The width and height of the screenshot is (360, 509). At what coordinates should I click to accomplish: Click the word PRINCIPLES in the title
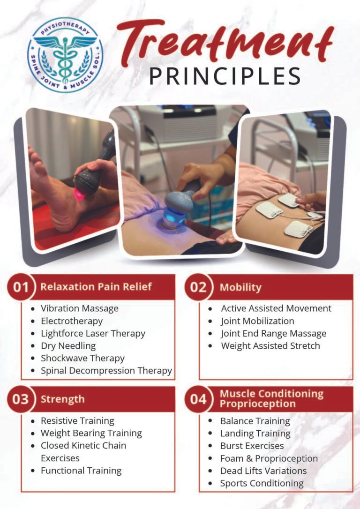pos(225,76)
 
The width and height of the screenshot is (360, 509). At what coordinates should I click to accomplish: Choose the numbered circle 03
pos(21,399)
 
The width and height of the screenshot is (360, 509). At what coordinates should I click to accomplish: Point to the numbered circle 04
pos(198,399)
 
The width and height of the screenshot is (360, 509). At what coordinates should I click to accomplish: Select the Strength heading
pos(62,399)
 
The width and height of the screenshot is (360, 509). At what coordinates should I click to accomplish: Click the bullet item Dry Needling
pos(68,346)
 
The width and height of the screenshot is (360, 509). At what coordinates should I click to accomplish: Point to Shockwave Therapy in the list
pos(82,358)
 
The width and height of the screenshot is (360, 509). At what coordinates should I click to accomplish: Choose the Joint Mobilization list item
pos(257,321)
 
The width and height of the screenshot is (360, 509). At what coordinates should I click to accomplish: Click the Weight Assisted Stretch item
pos(270,346)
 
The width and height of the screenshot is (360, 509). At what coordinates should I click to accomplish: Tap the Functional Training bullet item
pos(81,471)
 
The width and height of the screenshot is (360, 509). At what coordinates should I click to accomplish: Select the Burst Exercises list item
pos(252,446)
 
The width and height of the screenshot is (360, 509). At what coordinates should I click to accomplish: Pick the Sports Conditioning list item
pos(262,483)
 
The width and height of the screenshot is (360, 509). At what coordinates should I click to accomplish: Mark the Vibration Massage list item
pos(79,308)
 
